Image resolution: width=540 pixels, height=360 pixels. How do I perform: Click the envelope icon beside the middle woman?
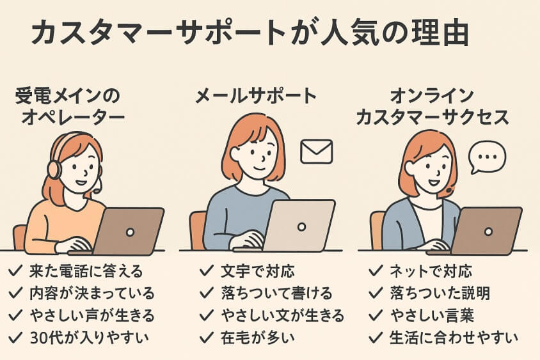click(317, 152)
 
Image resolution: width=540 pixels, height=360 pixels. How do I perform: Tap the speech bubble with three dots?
click(487, 157)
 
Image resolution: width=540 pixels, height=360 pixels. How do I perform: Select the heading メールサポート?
click(256, 97)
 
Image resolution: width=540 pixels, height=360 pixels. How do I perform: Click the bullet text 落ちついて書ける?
click(276, 293)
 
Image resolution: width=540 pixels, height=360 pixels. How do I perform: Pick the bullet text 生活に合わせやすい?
click(454, 336)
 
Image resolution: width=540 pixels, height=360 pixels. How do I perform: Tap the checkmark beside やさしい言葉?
click(376, 315)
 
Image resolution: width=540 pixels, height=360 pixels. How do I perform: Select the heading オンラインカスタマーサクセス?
click(441, 107)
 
